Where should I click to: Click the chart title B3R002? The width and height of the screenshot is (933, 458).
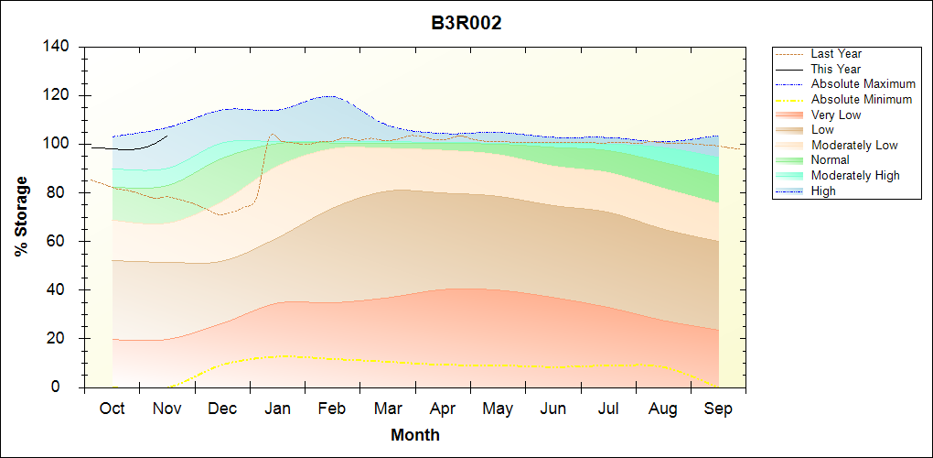pyautogui.click(x=466, y=23)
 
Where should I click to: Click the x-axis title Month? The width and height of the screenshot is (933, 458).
pyautogui.click(x=415, y=435)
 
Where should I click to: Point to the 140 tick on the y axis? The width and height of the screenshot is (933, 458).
pyautogui.click(x=58, y=47)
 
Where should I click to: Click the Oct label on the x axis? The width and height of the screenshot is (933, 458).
pyautogui.click(x=112, y=409)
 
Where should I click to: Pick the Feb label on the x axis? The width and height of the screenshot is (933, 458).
pyautogui.click(x=332, y=409)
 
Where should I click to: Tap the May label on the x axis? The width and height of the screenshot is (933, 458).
pyautogui.click(x=498, y=409)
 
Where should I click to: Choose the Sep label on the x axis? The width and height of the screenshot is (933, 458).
pyautogui.click(x=718, y=409)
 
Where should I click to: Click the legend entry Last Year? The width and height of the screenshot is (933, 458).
pyautogui.click(x=836, y=54)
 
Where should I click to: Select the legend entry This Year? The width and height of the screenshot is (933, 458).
pyautogui.click(x=836, y=69)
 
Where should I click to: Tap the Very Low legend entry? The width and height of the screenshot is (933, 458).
pyautogui.click(x=836, y=114)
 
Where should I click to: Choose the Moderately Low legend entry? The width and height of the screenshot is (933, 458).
pyautogui.click(x=854, y=145)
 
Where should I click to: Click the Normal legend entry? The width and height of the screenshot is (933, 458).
pyautogui.click(x=831, y=160)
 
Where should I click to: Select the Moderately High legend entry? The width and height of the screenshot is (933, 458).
pyautogui.click(x=855, y=175)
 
